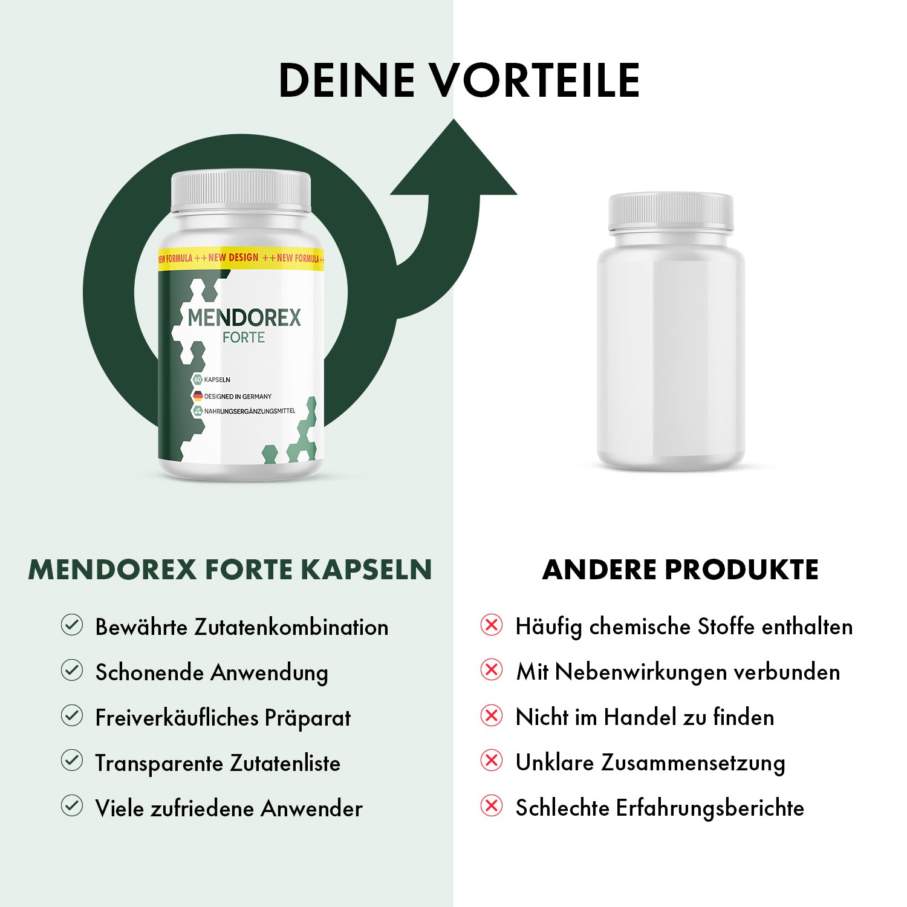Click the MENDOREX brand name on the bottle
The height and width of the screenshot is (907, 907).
(244, 318)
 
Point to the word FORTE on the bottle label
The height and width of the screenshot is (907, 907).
(244, 337)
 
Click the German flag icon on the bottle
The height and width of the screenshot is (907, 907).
(197, 396)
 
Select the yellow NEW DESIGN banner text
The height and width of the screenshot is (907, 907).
(233, 258)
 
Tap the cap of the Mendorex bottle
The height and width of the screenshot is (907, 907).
(241, 191)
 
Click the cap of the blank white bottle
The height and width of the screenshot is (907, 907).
(671, 212)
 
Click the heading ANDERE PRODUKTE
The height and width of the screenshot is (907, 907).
(680, 570)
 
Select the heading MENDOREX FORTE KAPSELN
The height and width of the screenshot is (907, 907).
(230, 570)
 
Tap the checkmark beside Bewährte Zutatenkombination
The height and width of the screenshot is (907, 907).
(72, 625)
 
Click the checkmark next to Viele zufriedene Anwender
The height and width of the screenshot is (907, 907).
(72, 806)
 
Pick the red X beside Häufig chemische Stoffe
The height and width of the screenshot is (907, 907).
(492, 625)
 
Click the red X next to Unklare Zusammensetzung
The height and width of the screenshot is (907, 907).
(492, 761)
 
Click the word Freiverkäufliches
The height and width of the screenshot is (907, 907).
(177, 718)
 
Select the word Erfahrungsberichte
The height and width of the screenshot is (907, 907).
(710, 808)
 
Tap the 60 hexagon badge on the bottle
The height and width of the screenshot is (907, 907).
(197, 380)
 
